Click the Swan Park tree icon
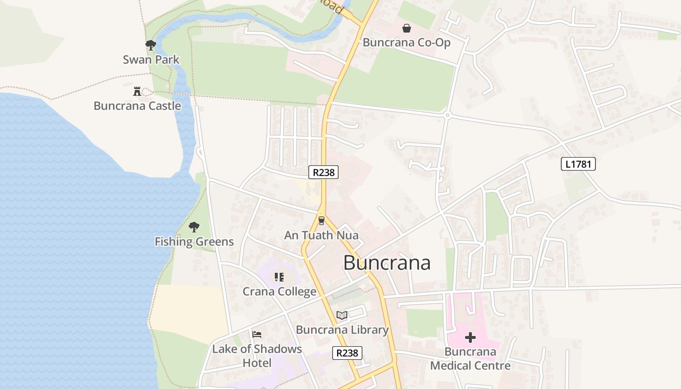[x=151, y=45]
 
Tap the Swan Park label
[x=151, y=60]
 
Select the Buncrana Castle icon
[x=137, y=91]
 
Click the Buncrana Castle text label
[x=137, y=106]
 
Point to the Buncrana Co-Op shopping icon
[x=407, y=28]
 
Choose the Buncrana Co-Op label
[x=407, y=42]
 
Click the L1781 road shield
[x=578, y=164]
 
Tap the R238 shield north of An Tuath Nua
[x=323, y=172]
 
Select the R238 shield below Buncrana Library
[x=347, y=353]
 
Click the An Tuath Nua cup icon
[x=321, y=221]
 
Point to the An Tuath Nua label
[x=321, y=235]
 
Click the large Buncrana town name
[x=387, y=263]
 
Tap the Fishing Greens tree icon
[x=194, y=227]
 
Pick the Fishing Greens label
[x=194, y=241]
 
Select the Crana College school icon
[x=279, y=277]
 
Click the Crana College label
[x=279, y=292]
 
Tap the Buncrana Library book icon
[x=342, y=315]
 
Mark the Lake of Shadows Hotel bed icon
[x=257, y=334]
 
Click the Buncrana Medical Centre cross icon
[x=470, y=337]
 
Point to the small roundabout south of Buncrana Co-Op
[x=448, y=115]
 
